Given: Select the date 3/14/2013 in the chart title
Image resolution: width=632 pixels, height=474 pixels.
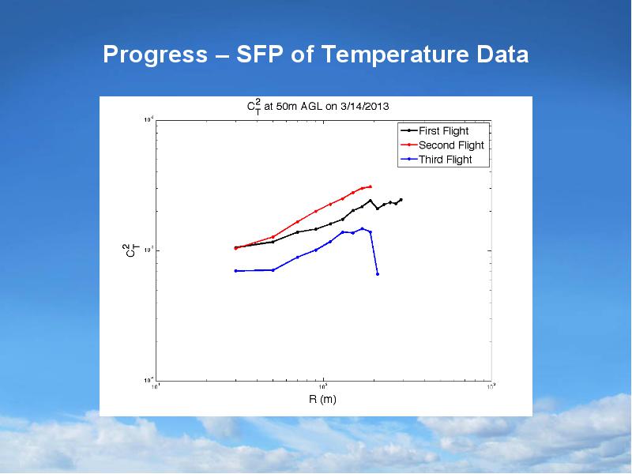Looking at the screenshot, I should pos(364,105).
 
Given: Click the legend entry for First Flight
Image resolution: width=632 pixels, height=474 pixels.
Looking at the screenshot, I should pos(443,131).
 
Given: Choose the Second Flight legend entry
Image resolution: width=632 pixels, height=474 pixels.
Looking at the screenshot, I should pos(451,145).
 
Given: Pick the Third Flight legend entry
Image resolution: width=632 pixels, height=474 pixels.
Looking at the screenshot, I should pos(445,160).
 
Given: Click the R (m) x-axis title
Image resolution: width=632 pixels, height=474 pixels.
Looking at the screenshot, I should pos(322,399).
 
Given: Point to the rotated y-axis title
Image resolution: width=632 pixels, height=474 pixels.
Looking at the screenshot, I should pos(133,250).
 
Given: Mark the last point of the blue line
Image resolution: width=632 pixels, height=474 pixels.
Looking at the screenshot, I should pos(378,274).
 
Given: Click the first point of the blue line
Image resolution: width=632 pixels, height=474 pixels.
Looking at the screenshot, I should pos(235,271).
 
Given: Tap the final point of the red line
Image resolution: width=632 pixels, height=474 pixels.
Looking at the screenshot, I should pos(371,186).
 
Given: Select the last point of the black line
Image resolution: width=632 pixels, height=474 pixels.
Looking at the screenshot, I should pos(401,200).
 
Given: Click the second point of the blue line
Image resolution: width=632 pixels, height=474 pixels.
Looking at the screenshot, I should pos(273,270).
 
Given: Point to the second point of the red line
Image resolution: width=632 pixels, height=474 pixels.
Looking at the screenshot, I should pos(273,237).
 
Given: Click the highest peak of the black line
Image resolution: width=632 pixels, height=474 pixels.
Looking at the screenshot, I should pos(370,200).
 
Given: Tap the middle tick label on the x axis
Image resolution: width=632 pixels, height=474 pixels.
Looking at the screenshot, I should pos(323,386).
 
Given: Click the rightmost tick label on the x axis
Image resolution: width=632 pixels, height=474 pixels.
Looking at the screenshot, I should pos(491,386).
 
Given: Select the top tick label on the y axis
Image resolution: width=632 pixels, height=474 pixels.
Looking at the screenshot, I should pos(148,120).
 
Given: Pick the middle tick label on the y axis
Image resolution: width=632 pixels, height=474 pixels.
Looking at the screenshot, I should pos(148,250).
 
